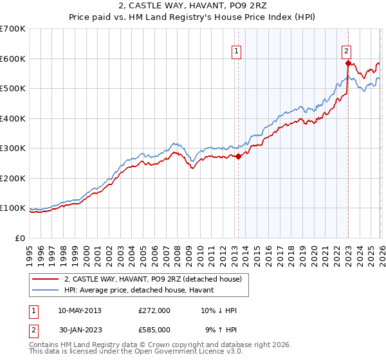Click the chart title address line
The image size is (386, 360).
[192, 7]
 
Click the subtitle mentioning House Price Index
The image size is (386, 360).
[192, 18]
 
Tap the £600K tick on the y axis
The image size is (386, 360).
[13, 59]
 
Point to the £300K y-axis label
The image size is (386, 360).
[13, 148]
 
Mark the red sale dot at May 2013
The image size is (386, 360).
[238, 156]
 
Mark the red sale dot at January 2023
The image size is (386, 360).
[348, 63]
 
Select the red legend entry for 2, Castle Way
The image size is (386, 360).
[152, 279]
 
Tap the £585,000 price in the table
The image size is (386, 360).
[154, 329]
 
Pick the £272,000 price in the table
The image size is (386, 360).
[154, 310]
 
